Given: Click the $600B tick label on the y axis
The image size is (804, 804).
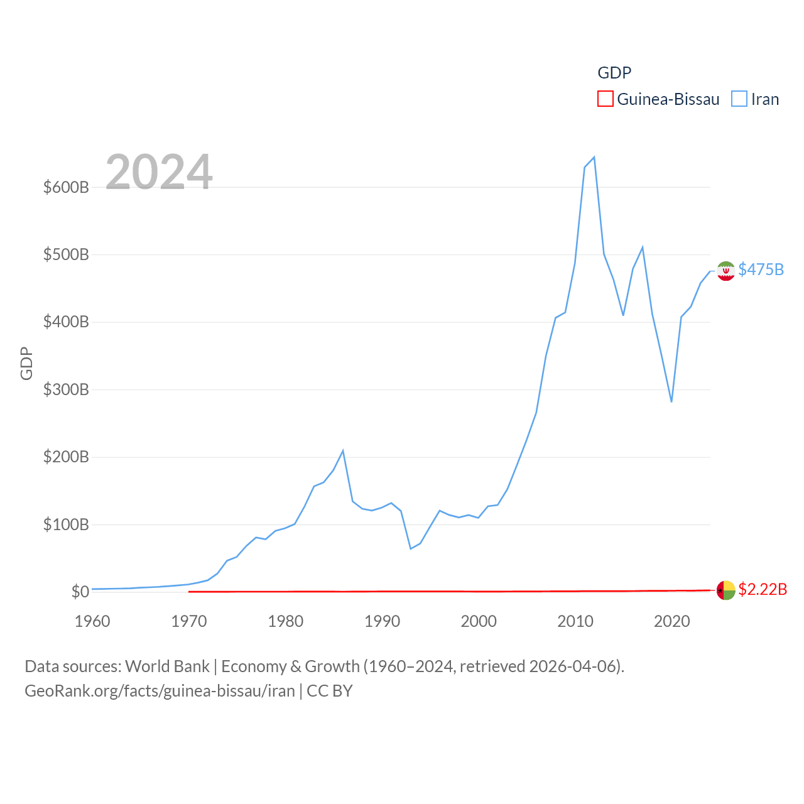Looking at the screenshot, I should [x=66, y=187].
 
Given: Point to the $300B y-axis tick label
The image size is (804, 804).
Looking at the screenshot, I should [x=66, y=389].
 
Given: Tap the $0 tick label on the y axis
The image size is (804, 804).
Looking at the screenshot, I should [x=80, y=592].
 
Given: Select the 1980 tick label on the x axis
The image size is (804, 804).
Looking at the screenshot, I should [x=285, y=621].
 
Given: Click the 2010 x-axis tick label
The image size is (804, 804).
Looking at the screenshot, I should [x=575, y=621].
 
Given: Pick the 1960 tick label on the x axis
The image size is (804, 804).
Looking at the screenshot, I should [x=92, y=621].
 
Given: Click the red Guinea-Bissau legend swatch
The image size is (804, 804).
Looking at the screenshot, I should [x=605, y=99].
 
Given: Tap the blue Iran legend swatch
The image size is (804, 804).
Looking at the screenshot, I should [x=739, y=99].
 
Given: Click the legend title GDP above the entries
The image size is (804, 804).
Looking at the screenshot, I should [x=614, y=73].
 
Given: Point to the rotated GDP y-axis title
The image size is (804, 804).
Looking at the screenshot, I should [x=26, y=363].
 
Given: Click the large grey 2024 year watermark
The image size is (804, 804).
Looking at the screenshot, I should [x=159, y=172].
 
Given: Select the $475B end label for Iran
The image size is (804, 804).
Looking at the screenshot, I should [x=761, y=269].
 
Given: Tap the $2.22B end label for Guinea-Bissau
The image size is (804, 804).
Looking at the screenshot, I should [x=763, y=589].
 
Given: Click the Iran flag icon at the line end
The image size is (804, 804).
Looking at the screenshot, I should [x=725, y=271].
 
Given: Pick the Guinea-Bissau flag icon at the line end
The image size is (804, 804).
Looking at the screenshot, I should [x=725, y=590].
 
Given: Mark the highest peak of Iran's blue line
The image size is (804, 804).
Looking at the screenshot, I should [x=594, y=157].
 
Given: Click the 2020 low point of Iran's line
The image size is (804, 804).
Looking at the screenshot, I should [x=671, y=401].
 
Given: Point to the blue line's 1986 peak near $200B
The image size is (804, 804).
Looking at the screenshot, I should [x=343, y=450].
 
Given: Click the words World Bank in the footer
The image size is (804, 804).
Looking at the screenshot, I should [x=167, y=666].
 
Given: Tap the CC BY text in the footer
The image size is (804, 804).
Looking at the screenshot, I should [x=330, y=691].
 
